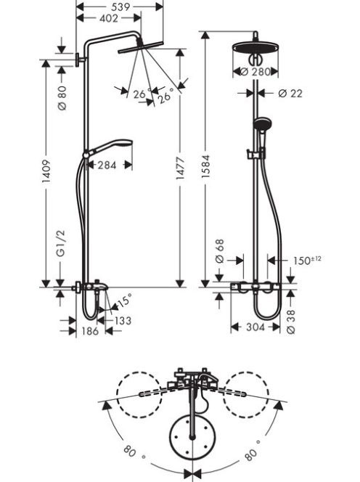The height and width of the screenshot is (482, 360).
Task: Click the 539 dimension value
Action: pos(120,7)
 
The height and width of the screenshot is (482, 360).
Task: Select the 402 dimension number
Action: pos(109,18)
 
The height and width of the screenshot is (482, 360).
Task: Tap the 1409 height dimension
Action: pos(46,171)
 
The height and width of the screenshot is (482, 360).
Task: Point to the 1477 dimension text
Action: pos(180,168)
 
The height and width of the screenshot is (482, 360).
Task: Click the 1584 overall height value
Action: pos(205,166)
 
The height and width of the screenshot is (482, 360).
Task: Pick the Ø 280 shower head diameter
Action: pos(255,72)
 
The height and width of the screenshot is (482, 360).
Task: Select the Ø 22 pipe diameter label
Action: pos(290,93)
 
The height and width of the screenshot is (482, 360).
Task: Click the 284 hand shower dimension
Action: pos(107,165)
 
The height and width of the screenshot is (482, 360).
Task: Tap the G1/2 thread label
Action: pos(62,243)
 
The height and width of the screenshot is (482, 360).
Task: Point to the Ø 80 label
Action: pos(62,98)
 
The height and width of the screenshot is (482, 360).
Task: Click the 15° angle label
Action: pos(125,301)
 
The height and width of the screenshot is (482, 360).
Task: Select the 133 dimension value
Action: pos(123,321)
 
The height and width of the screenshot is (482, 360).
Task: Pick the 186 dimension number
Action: pos(90,331)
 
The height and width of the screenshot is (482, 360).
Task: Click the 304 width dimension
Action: pos(255,327)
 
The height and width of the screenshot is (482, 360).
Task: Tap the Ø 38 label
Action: pos(291,322)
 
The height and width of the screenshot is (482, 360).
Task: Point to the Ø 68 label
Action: pos(220,251)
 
